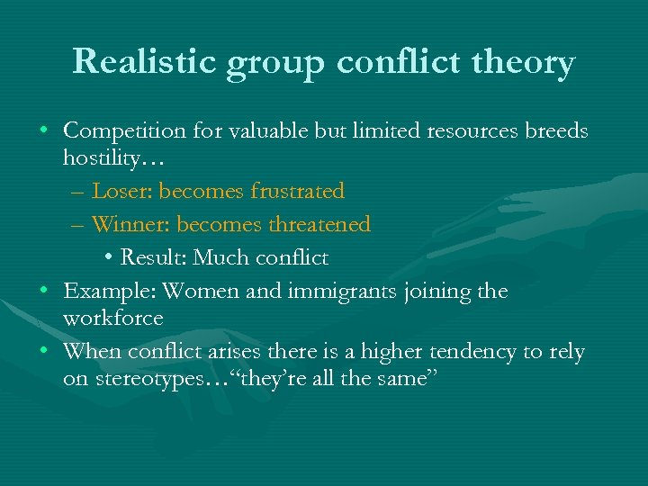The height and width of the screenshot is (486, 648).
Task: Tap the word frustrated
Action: (298, 191)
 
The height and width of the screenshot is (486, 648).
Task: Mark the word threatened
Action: (319, 224)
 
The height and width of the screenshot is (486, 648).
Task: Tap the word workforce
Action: (112, 319)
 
